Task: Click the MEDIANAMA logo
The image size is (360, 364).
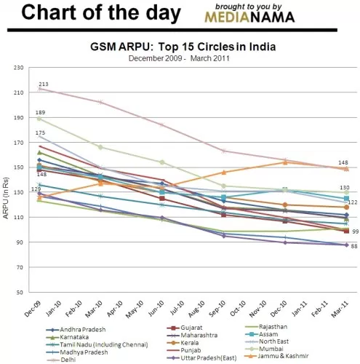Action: (249, 17)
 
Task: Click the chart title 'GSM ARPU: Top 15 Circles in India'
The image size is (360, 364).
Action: (183, 47)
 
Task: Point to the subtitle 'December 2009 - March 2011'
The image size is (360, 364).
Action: (179, 58)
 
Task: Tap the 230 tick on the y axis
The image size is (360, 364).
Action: (19, 68)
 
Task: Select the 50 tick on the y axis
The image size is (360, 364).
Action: (20, 292)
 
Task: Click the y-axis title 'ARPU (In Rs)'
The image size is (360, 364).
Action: (6, 198)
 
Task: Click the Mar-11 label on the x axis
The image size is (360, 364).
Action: (340, 309)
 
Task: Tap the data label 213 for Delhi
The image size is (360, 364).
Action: (44, 84)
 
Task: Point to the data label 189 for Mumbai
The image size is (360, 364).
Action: (40, 112)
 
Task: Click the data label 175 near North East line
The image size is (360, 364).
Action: (40, 132)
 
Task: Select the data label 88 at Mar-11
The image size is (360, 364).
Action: (354, 246)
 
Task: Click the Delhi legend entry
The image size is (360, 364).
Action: (61, 360)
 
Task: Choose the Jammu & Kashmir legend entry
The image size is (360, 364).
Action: (277, 356)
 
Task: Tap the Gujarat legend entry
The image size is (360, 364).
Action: (185, 328)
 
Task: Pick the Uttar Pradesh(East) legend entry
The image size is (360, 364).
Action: (201, 358)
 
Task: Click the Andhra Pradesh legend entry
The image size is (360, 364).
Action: (76, 330)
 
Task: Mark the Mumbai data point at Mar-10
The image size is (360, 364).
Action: (100, 147)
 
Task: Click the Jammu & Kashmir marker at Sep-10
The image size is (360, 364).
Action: (224, 173)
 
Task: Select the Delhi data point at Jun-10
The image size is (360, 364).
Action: (162, 124)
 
